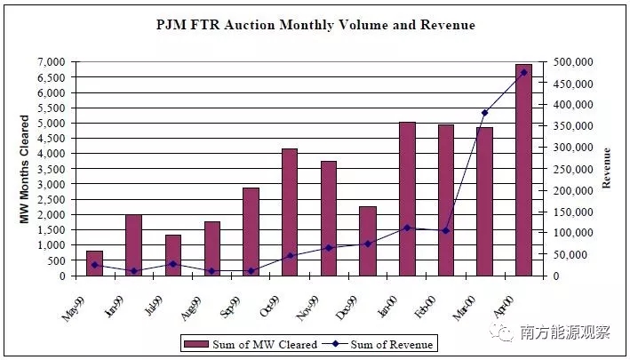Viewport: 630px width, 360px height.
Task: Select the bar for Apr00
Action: coord(524,170)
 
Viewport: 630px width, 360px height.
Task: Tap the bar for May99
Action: coord(94,263)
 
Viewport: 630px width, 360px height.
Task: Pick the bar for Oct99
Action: coord(290,212)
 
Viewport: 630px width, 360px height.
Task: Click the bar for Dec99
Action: coord(368,241)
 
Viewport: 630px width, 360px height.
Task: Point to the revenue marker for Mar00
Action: coord(484,113)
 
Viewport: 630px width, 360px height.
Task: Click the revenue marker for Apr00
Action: coord(524,72)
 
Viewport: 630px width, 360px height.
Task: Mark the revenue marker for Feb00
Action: coord(446,230)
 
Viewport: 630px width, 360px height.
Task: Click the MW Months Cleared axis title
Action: coord(25,169)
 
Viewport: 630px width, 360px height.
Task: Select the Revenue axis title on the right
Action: coord(608,169)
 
